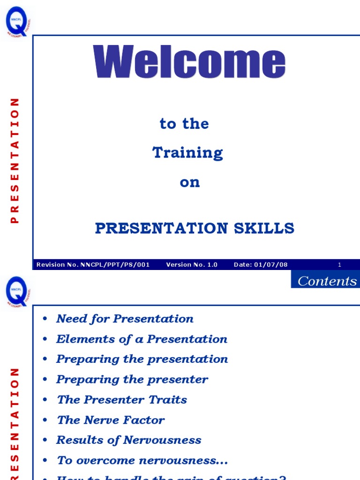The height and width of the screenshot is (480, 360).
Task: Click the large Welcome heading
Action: pyautogui.click(x=189, y=62)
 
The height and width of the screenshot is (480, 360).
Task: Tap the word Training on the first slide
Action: pyautogui.click(x=187, y=153)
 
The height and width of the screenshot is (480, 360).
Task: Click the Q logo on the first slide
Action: pyautogui.click(x=18, y=22)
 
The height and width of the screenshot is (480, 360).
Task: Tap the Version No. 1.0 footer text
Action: pyautogui.click(x=192, y=265)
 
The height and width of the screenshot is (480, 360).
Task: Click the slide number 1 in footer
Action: pyautogui.click(x=340, y=265)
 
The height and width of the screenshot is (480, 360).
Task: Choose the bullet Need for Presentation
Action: pyautogui.click(x=125, y=319)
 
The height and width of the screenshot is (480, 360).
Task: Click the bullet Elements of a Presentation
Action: pyautogui.click(x=142, y=339)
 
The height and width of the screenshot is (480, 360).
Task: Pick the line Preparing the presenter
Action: pyautogui.click(x=132, y=379)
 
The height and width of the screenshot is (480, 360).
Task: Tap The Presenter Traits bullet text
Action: pyautogui.click(x=122, y=399)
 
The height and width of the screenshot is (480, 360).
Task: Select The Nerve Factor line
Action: pyautogui.click(x=111, y=420)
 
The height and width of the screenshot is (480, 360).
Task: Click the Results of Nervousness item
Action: pyautogui.click(x=129, y=440)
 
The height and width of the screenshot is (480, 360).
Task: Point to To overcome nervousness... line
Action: pyautogui.click(x=142, y=460)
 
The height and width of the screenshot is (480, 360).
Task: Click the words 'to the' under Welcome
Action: pyautogui.click(x=184, y=124)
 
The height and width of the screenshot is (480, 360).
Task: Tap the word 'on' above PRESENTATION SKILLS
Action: pyautogui.click(x=190, y=182)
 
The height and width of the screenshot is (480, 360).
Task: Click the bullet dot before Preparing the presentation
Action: pyautogui.click(x=45, y=360)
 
